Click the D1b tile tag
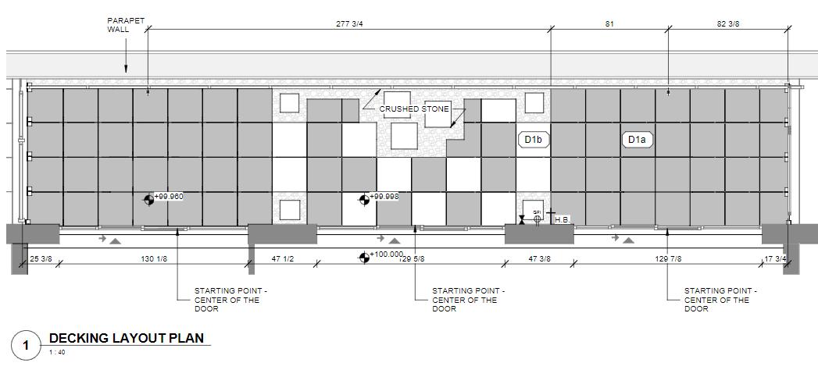tap(534, 140)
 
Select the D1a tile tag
tap(638, 140)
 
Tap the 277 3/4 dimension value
tap(349, 23)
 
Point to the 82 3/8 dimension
tap(728, 23)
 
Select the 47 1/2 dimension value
tap(283, 258)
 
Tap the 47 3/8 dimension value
tap(539, 258)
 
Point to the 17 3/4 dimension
tap(774, 258)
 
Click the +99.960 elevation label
tap(169, 197)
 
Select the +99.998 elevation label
tap(384, 197)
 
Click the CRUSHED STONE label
tap(414, 109)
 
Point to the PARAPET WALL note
tap(121, 25)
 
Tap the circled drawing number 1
tap(26, 345)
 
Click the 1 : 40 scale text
tap(57, 351)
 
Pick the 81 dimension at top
tap(609, 23)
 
